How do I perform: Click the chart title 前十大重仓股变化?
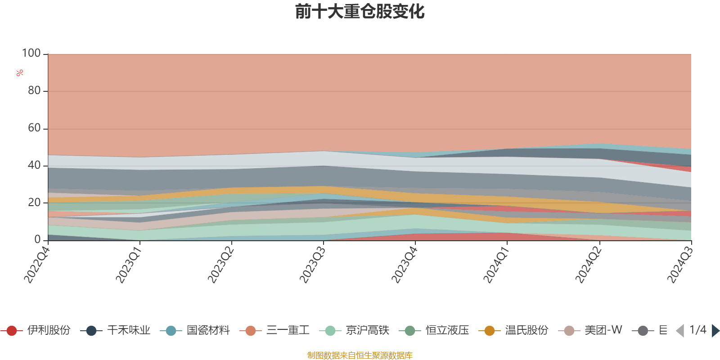click(360, 12)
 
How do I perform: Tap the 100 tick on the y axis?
click(31, 54)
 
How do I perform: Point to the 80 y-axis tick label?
click(34, 91)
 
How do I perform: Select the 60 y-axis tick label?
click(34, 128)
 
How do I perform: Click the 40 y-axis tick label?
click(34, 165)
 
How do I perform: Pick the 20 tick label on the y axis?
click(34, 202)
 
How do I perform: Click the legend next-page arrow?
click(715, 331)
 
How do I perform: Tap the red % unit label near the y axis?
click(19, 73)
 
